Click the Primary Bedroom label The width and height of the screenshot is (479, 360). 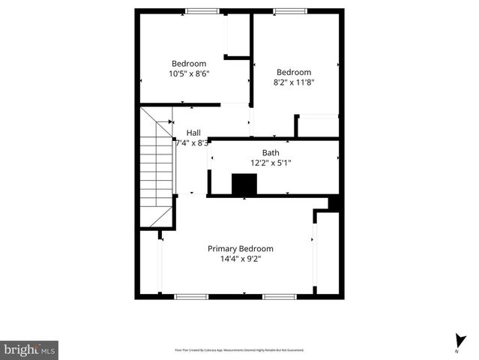coord(240,248)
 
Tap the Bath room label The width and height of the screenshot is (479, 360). coord(271,152)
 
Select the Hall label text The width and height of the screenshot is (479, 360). coord(193,133)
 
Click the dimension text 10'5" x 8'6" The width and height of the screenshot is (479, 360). coord(189,73)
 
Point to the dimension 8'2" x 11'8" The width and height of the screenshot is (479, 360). coord(293,82)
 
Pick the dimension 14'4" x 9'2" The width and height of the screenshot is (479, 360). coord(240,259)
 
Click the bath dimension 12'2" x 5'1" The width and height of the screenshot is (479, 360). coord(271,162)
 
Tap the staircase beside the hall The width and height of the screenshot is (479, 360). coord(156,169)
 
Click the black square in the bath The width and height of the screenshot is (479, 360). coord(244,184)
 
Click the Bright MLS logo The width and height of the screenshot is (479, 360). coord(29,349)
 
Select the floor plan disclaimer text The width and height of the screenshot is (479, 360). coord(239,350)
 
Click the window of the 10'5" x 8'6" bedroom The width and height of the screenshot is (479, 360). coord(202,11)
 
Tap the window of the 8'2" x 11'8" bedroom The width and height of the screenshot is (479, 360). coord(289,11)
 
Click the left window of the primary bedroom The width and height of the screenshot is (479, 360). coord(191,296)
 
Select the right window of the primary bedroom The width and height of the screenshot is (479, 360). coord(280,296)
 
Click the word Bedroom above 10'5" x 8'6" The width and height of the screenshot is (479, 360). coord(189,64)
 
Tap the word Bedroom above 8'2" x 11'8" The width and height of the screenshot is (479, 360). coord(293,73)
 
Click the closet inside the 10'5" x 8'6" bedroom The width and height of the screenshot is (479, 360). coord(238,34)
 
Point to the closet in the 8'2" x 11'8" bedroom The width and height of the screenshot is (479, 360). coord(319,125)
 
